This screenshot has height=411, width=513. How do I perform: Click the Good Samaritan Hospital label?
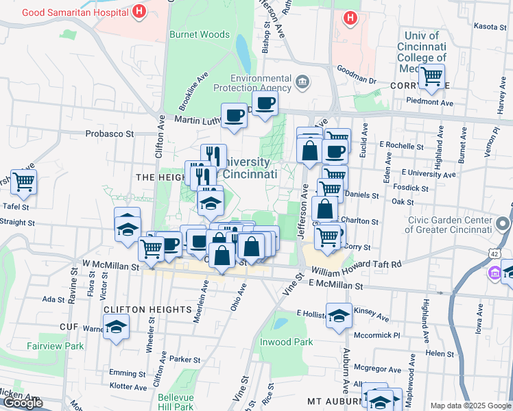pyautogui.click(x=75, y=12)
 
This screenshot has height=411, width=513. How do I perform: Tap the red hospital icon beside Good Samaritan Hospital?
pyautogui.click(x=140, y=11)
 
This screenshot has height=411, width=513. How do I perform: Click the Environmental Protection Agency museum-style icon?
pyautogui.click(x=302, y=83)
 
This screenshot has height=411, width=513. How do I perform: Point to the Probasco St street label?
pyautogui.click(x=109, y=134)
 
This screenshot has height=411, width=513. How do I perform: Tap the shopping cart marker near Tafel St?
pyautogui.click(x=23, y=182)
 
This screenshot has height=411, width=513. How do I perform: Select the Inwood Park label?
pyautogui.click(x=286, y=342)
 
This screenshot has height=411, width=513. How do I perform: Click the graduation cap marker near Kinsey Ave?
pyautogui.click(x=339, y=315)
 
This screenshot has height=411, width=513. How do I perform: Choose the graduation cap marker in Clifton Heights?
pyautogui.click(x=116, y=328)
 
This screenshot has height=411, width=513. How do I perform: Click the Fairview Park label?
pyautogui.click(x=55, y=346)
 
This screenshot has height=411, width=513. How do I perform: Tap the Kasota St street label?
pyautogui.click(x=490, y=26)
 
